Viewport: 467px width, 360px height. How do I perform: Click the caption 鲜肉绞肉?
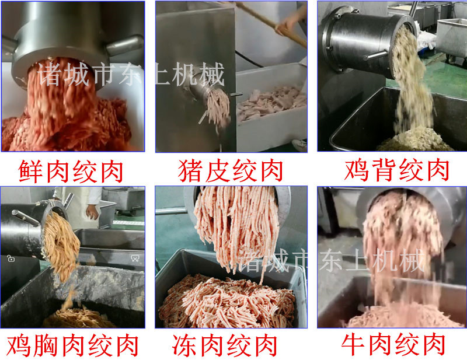click(71, 171)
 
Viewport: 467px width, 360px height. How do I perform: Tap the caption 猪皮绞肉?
click(231, 170)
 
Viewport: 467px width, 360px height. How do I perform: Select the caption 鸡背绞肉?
click(396, 170)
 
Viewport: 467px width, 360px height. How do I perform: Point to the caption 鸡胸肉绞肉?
click(72, 345)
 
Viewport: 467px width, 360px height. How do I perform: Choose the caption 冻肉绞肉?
click(224, 345)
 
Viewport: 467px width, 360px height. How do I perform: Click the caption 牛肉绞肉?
click(393, 344)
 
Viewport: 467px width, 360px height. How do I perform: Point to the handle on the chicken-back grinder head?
click(375, 55)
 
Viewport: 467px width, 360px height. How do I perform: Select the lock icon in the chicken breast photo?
click(11, 258)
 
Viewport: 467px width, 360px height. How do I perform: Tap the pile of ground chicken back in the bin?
click(415, 140)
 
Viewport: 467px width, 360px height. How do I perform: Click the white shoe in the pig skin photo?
click(299, 145)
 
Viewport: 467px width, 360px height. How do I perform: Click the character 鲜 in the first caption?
click(30, 171)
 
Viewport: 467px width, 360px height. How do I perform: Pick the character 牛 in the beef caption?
click(353, 344)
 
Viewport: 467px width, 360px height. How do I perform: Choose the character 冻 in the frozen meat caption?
click(184, 345)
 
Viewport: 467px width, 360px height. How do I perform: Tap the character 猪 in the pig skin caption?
click(190, 170)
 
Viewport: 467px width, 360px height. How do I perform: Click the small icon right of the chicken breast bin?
click(135, 258)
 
